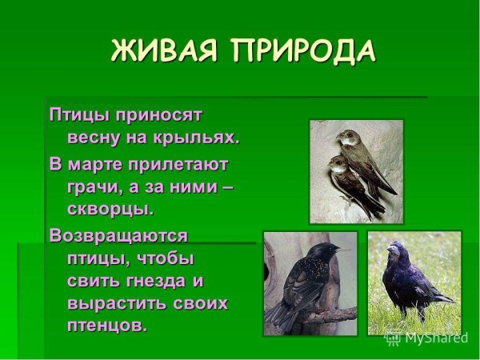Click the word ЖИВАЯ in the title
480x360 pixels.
point(163,50)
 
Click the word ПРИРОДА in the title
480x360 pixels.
point(302,50)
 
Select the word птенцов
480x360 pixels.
point(107,326)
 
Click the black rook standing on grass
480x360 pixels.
point(411,280)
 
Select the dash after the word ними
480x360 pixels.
point(226,187)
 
